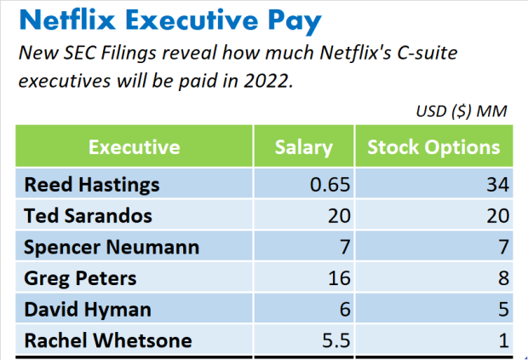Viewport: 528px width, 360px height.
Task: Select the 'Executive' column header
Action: pyautogui.click(x=134, y=147)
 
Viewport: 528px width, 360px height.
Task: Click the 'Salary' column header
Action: pyautogui.click(x=303, y=147)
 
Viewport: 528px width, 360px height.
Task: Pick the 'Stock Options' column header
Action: pyautogui.click(x=433, y=147)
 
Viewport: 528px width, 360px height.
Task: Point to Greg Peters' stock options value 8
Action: pyautogui.click(x=502, y=278)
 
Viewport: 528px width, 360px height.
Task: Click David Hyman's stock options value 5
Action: pyautogui.click(x=502, y=310)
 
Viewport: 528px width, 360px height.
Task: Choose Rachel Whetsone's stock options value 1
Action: pyautogui.click(x=502, y=340)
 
